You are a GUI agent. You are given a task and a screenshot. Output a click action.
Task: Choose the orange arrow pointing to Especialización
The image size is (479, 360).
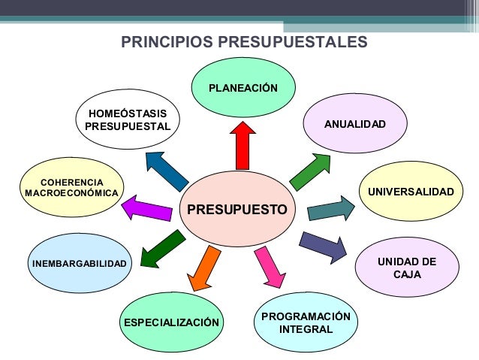(204, 268)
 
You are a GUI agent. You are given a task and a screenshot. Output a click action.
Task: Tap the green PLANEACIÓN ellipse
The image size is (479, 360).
(243, 88)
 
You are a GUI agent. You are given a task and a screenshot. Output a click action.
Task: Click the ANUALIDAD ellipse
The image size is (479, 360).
(354, 123)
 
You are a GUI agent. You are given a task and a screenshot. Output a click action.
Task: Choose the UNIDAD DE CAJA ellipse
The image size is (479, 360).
(406, 268)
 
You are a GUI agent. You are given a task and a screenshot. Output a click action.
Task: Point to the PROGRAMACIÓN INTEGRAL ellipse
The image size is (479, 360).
(306, 323)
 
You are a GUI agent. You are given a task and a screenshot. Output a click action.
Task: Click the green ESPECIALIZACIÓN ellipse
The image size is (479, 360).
(172, 323)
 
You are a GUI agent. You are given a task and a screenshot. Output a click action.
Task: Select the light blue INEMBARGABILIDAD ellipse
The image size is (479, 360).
(79, 263)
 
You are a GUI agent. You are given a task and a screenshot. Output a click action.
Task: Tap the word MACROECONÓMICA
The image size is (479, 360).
(71, 193)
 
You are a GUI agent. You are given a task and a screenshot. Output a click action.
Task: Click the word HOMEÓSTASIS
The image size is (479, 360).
(128, 113)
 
